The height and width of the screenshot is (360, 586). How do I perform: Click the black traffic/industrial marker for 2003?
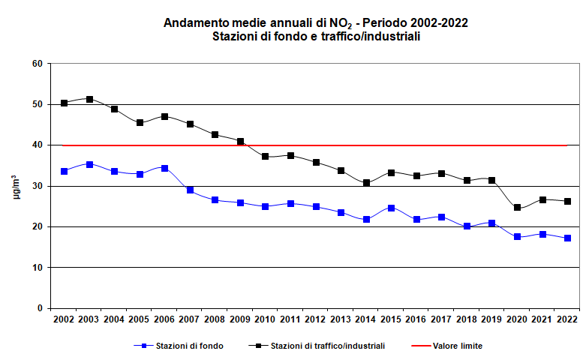89,99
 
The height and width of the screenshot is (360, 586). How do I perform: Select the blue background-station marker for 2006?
165,168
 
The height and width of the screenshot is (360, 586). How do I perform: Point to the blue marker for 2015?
391,208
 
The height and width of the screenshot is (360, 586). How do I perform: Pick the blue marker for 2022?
567,238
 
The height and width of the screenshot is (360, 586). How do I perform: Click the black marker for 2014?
366,183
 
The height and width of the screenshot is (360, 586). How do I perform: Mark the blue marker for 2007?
190,190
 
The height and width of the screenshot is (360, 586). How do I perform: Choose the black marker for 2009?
240,141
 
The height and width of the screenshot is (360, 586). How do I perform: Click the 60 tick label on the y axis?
37,64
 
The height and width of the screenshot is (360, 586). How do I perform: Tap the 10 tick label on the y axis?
37,268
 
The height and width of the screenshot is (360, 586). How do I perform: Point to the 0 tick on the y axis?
39,308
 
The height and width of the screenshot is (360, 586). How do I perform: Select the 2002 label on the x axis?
64,319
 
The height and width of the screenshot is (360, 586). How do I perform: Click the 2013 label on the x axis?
341,319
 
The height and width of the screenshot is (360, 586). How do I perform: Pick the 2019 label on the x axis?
491,319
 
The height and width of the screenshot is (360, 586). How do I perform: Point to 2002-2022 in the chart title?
434,22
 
